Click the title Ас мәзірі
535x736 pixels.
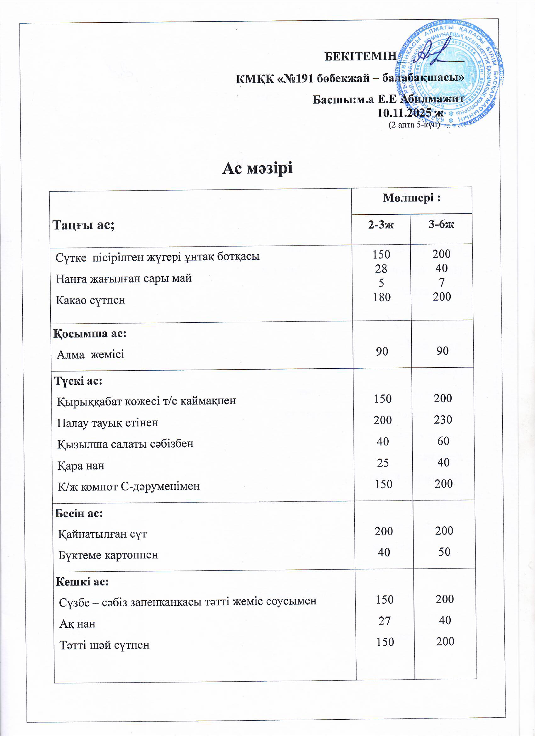[x=257, y=168]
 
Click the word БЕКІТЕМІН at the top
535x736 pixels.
[x=360, y=56]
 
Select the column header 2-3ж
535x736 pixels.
[x=380, y=224]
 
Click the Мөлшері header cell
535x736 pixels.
[x=411, y=198]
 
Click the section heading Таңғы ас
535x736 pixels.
[x=83, y=224]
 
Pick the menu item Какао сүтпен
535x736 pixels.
[x=91, y=300]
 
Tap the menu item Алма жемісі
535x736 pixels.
[x=91, y=354]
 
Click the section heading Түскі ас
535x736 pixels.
[x=78, y=381]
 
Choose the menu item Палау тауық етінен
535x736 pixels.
[x=108, y=422]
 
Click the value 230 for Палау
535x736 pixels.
[x=443, y=420]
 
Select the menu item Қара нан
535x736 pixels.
[x=81, y=466]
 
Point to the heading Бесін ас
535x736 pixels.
[x=79, y=513]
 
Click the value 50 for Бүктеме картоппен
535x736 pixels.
[x=444, y=552]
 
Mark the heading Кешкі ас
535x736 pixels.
[x=82, y=582]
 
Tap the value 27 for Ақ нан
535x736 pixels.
[x=385, y=620]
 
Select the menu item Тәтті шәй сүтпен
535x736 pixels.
[x=104, y=645]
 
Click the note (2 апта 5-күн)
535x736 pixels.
[x=414, y=125]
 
